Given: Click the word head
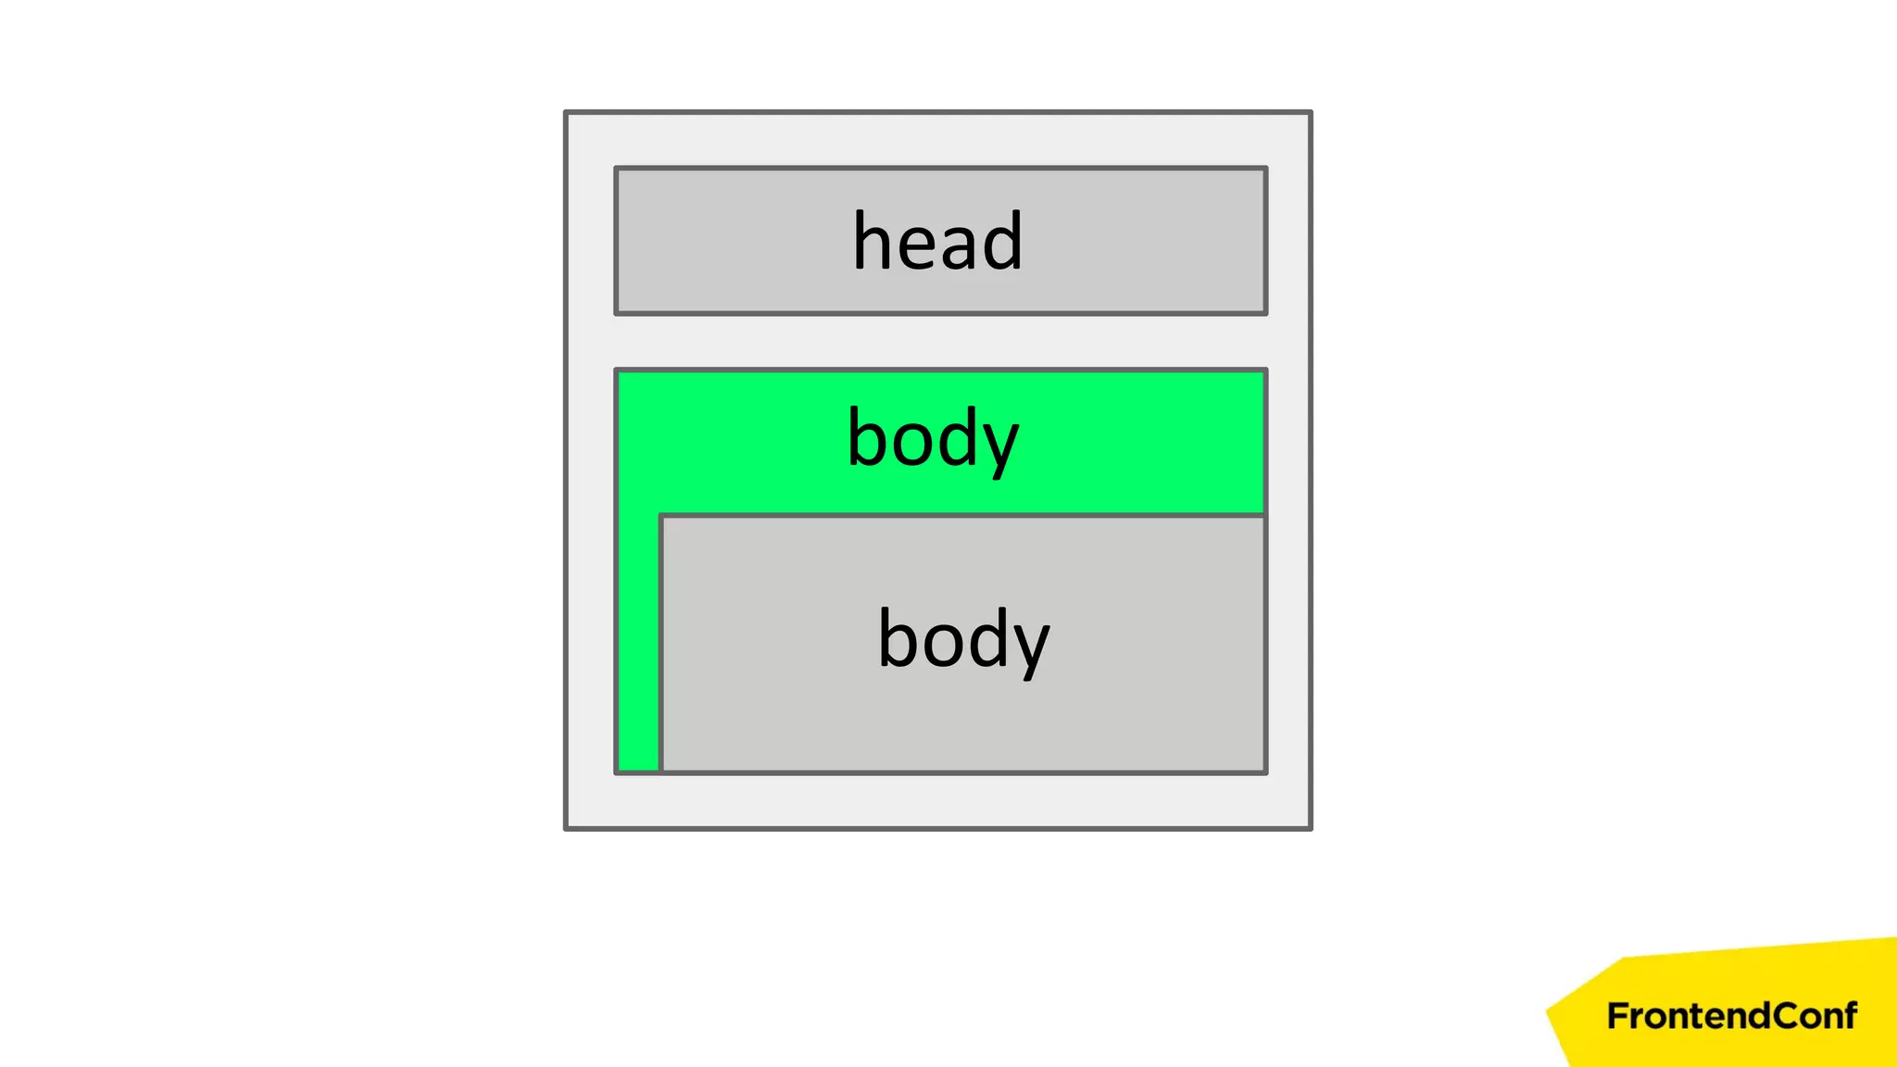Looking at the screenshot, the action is click(937, 241).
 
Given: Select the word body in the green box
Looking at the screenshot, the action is click(933, 438).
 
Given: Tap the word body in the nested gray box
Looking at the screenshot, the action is click(963, 639).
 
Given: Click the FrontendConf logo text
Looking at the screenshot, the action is click(1731, 1016).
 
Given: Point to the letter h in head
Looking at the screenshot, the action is click(871, 241).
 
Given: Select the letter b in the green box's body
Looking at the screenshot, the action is click(866, 437).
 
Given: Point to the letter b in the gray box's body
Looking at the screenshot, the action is click(897, 638).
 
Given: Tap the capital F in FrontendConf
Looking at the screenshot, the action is click(1616, 1016).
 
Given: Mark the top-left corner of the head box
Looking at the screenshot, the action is click(617, 169).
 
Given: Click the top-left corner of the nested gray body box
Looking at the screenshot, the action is click(661, 516).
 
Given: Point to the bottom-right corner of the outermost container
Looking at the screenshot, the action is click(1310, 828).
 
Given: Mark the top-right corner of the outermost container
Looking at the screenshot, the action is click(1310, 113).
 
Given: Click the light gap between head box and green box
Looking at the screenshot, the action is click(939, 342).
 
